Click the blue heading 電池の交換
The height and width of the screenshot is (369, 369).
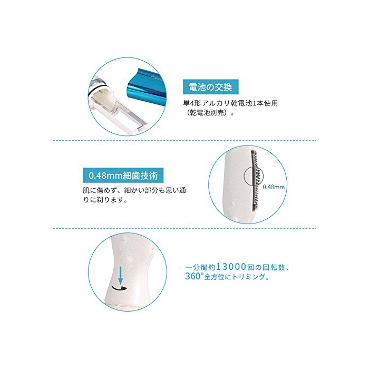coord(210,87)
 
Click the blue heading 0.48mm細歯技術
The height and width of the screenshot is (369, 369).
coord(123,176)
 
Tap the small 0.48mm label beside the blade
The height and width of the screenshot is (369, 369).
coord(274,187)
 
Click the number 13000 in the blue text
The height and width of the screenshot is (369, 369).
coord(231,267)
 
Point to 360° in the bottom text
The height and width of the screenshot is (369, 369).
coord(194,276)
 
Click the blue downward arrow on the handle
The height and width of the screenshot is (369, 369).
coord(121,275)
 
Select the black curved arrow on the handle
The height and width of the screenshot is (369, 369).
coord(119,288)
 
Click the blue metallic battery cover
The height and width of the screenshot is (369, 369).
coord(147,86)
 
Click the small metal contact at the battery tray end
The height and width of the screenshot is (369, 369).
coord(141,129)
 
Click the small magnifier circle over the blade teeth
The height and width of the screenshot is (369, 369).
coord(254,177)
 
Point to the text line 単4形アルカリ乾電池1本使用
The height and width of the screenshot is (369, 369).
coord(230,103)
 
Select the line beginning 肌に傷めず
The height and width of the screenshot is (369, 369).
coord(134,191)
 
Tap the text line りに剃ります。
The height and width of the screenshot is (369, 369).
coord(105,200)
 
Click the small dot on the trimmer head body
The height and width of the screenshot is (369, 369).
coord(233,203)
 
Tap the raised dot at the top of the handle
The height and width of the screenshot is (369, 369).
coord(124,239)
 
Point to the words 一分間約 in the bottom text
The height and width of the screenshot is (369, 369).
coord(200,267)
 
